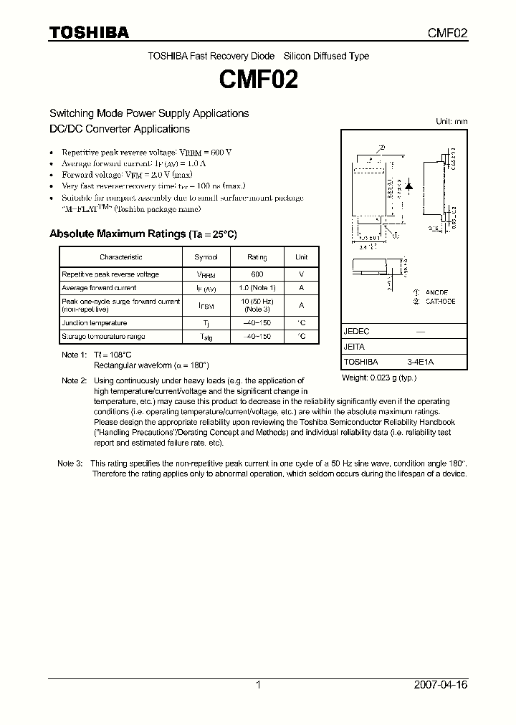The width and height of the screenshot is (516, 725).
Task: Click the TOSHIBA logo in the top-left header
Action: pos(89,33)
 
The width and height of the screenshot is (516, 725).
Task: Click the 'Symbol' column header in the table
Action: pos(206,257)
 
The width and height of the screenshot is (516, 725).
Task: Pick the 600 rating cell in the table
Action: pos(257,274)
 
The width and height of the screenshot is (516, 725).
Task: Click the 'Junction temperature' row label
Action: pos(94,323)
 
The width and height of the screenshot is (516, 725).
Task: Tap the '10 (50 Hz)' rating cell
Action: pos(257,301)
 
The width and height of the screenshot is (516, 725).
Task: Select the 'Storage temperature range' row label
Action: pos(103,336)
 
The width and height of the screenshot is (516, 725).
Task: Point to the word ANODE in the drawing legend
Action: pos(436,293)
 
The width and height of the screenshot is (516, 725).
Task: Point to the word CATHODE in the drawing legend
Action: pos(440,302)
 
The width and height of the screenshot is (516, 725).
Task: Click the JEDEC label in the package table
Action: pos(356,332)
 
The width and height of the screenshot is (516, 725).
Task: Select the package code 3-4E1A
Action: pos(420,362)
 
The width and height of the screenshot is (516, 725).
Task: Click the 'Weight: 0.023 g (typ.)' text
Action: pos(379,378)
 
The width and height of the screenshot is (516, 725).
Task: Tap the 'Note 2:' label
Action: pos(74,380)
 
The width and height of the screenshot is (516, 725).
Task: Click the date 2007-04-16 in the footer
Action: pos(440,685)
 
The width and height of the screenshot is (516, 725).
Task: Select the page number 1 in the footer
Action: pos(258,685)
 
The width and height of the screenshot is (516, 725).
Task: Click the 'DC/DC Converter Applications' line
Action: pos(119,129)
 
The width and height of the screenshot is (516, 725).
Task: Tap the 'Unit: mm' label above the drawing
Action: pos(451,122)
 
